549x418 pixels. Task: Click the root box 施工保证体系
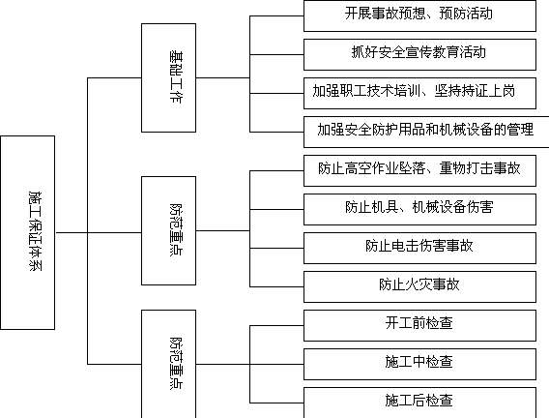click(28, 232)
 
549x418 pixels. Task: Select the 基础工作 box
click(168, 77)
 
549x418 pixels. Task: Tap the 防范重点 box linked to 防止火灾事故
click(168, 230)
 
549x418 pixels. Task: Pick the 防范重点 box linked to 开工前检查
click(168, 364)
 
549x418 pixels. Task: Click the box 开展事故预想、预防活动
click(419, 15)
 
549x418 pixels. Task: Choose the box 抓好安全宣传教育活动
click(419, 54)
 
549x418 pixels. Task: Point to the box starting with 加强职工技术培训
click(419, 93)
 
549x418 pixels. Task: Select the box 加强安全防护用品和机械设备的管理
click(426, 132)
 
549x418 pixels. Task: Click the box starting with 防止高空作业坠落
click(419, 170)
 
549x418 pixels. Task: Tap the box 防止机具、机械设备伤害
click(419, 209)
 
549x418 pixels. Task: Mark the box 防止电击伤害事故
click(419, 248)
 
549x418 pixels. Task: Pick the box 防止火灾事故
click(419, 286)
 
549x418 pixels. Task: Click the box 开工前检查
click(419, 325)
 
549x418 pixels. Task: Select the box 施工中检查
click(419, 364)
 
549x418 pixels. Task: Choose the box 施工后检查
click(419, 403)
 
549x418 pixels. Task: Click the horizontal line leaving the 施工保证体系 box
click(72, 232)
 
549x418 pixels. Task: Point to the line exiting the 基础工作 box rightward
click(222, 77)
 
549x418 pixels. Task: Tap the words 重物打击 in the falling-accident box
click(467, 168)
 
